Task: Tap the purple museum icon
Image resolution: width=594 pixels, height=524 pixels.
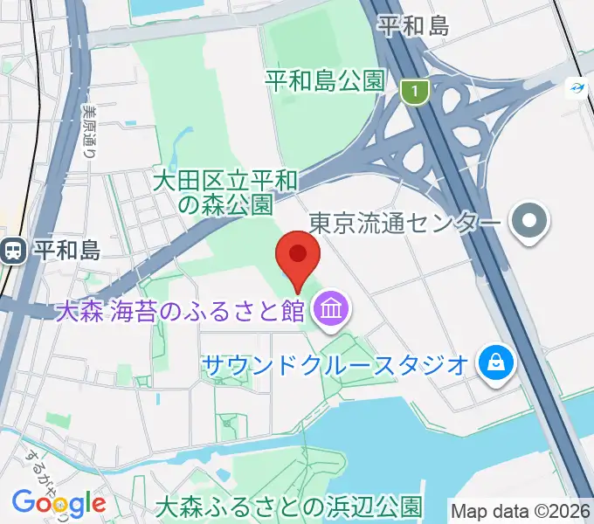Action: [x=331, y=309]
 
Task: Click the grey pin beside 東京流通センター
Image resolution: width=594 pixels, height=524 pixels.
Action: [x=529, y=223]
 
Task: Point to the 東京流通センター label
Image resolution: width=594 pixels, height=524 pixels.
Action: [x=406, y=224]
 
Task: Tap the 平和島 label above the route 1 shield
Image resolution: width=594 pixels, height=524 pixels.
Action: [x=413, y=26]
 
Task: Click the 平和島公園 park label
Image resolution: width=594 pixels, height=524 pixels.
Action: [x=325, y=81]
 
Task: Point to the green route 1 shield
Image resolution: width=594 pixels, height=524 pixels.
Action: [x=415, y=90]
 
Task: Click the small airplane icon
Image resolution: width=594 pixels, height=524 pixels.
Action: [x=577, y=87]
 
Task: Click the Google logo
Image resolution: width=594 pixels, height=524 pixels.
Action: [x=59, y=504]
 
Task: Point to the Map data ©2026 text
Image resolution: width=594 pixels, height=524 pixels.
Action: [x=520, y=509]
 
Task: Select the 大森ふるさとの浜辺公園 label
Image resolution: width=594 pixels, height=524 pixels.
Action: [x=288, y=506]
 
